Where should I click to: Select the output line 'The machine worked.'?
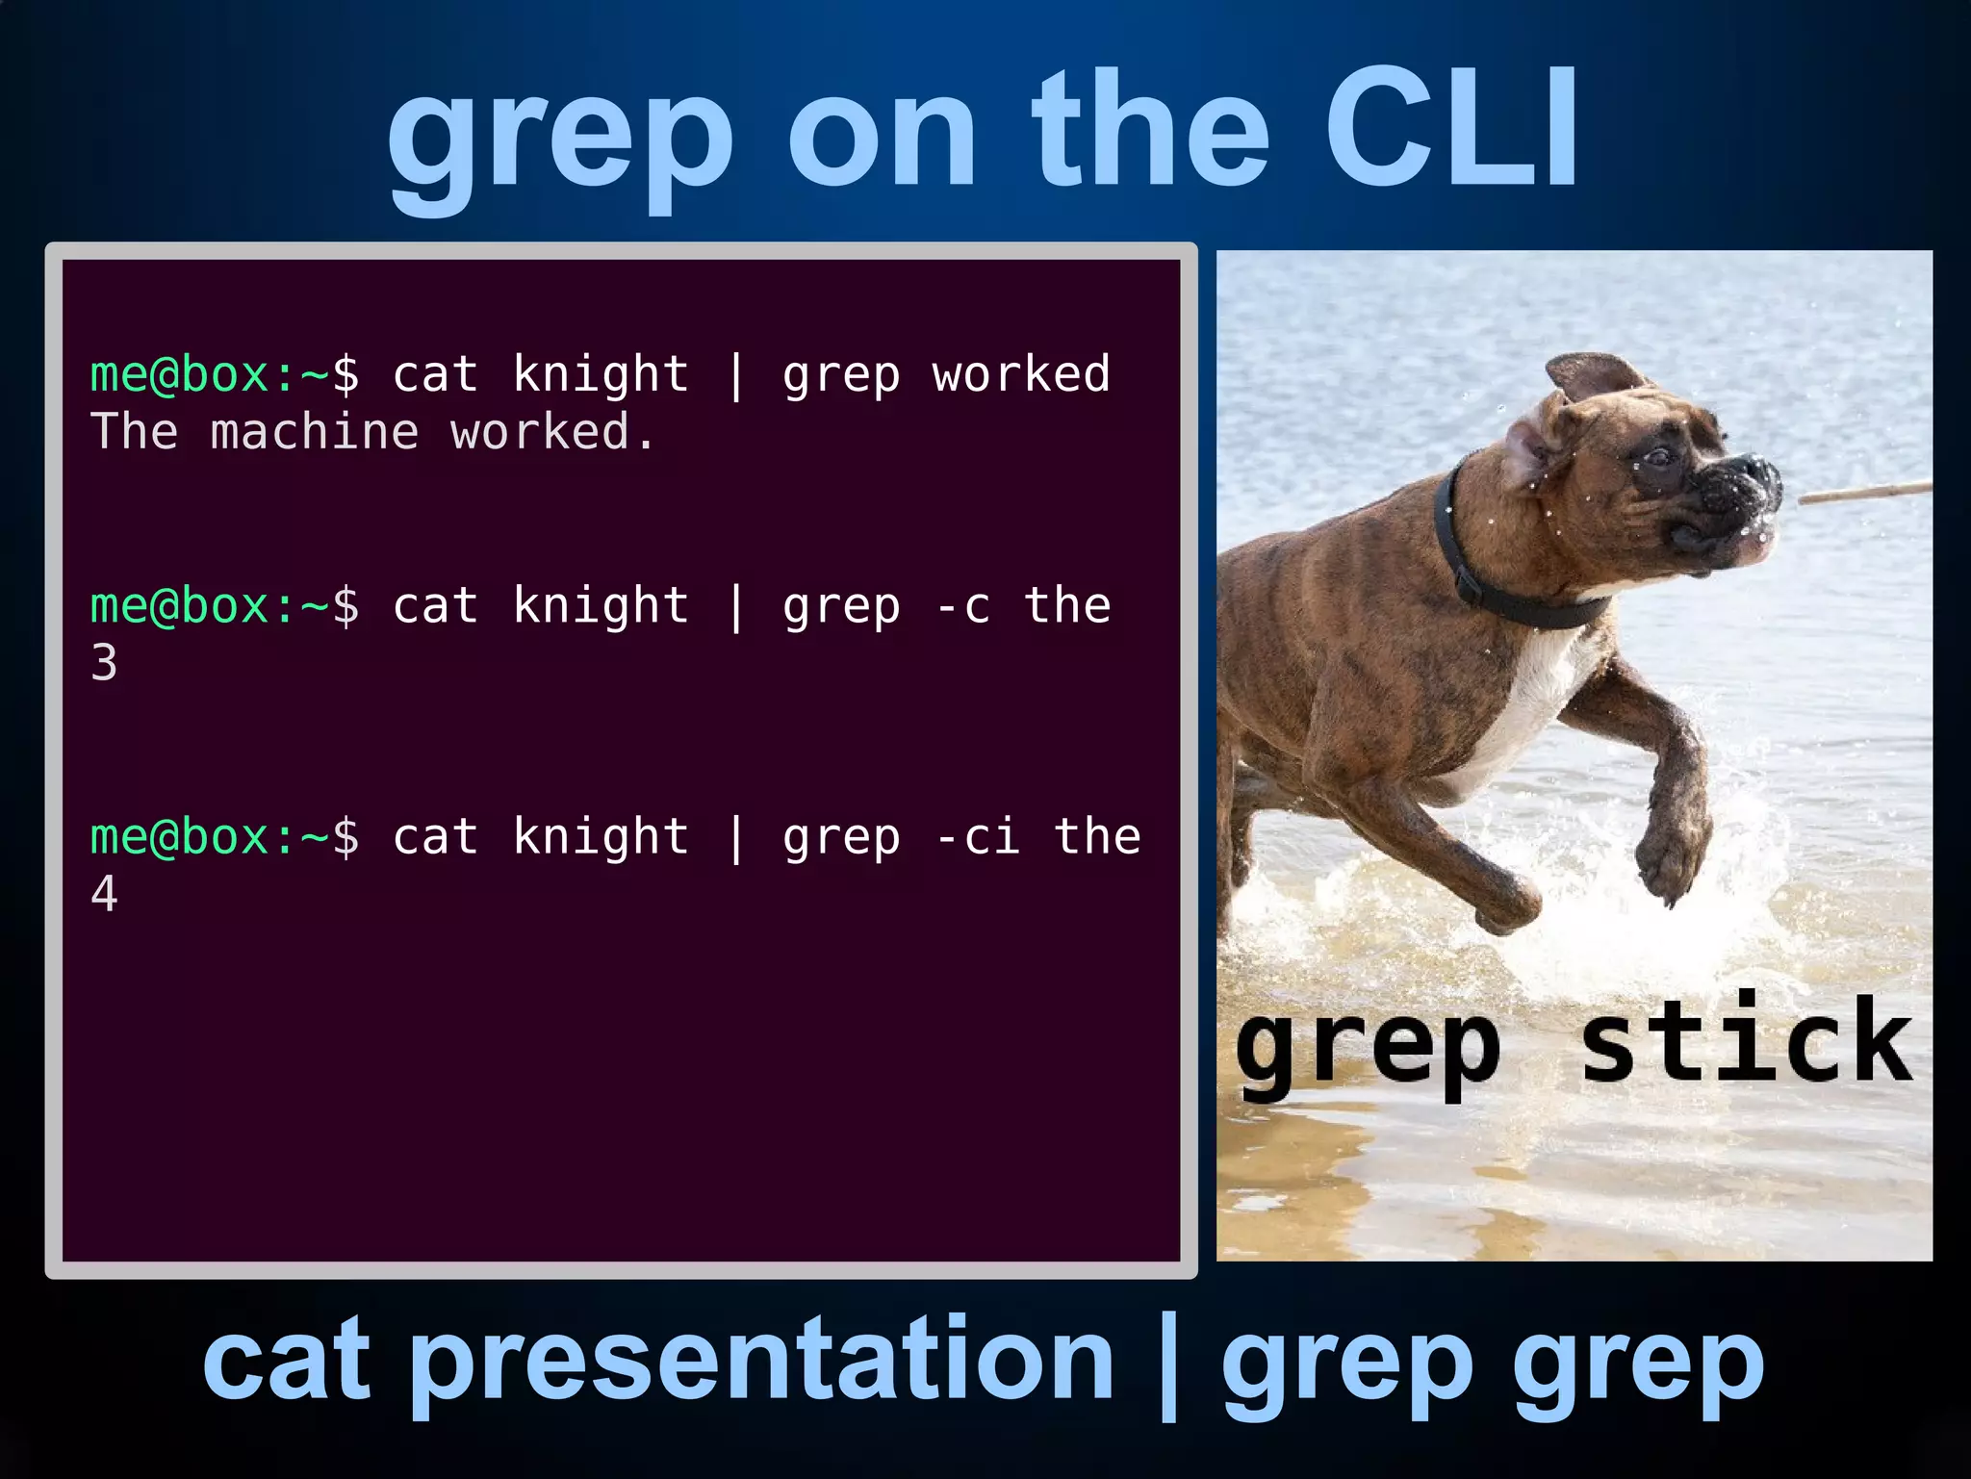373,432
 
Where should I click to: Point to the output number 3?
104,663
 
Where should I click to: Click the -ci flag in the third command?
977,836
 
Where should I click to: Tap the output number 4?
104,894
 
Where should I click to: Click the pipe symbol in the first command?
736,375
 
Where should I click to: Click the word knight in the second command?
601,606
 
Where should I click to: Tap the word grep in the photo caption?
1367,1049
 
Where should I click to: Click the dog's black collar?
1482,568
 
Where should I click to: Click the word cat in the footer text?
286,1360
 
